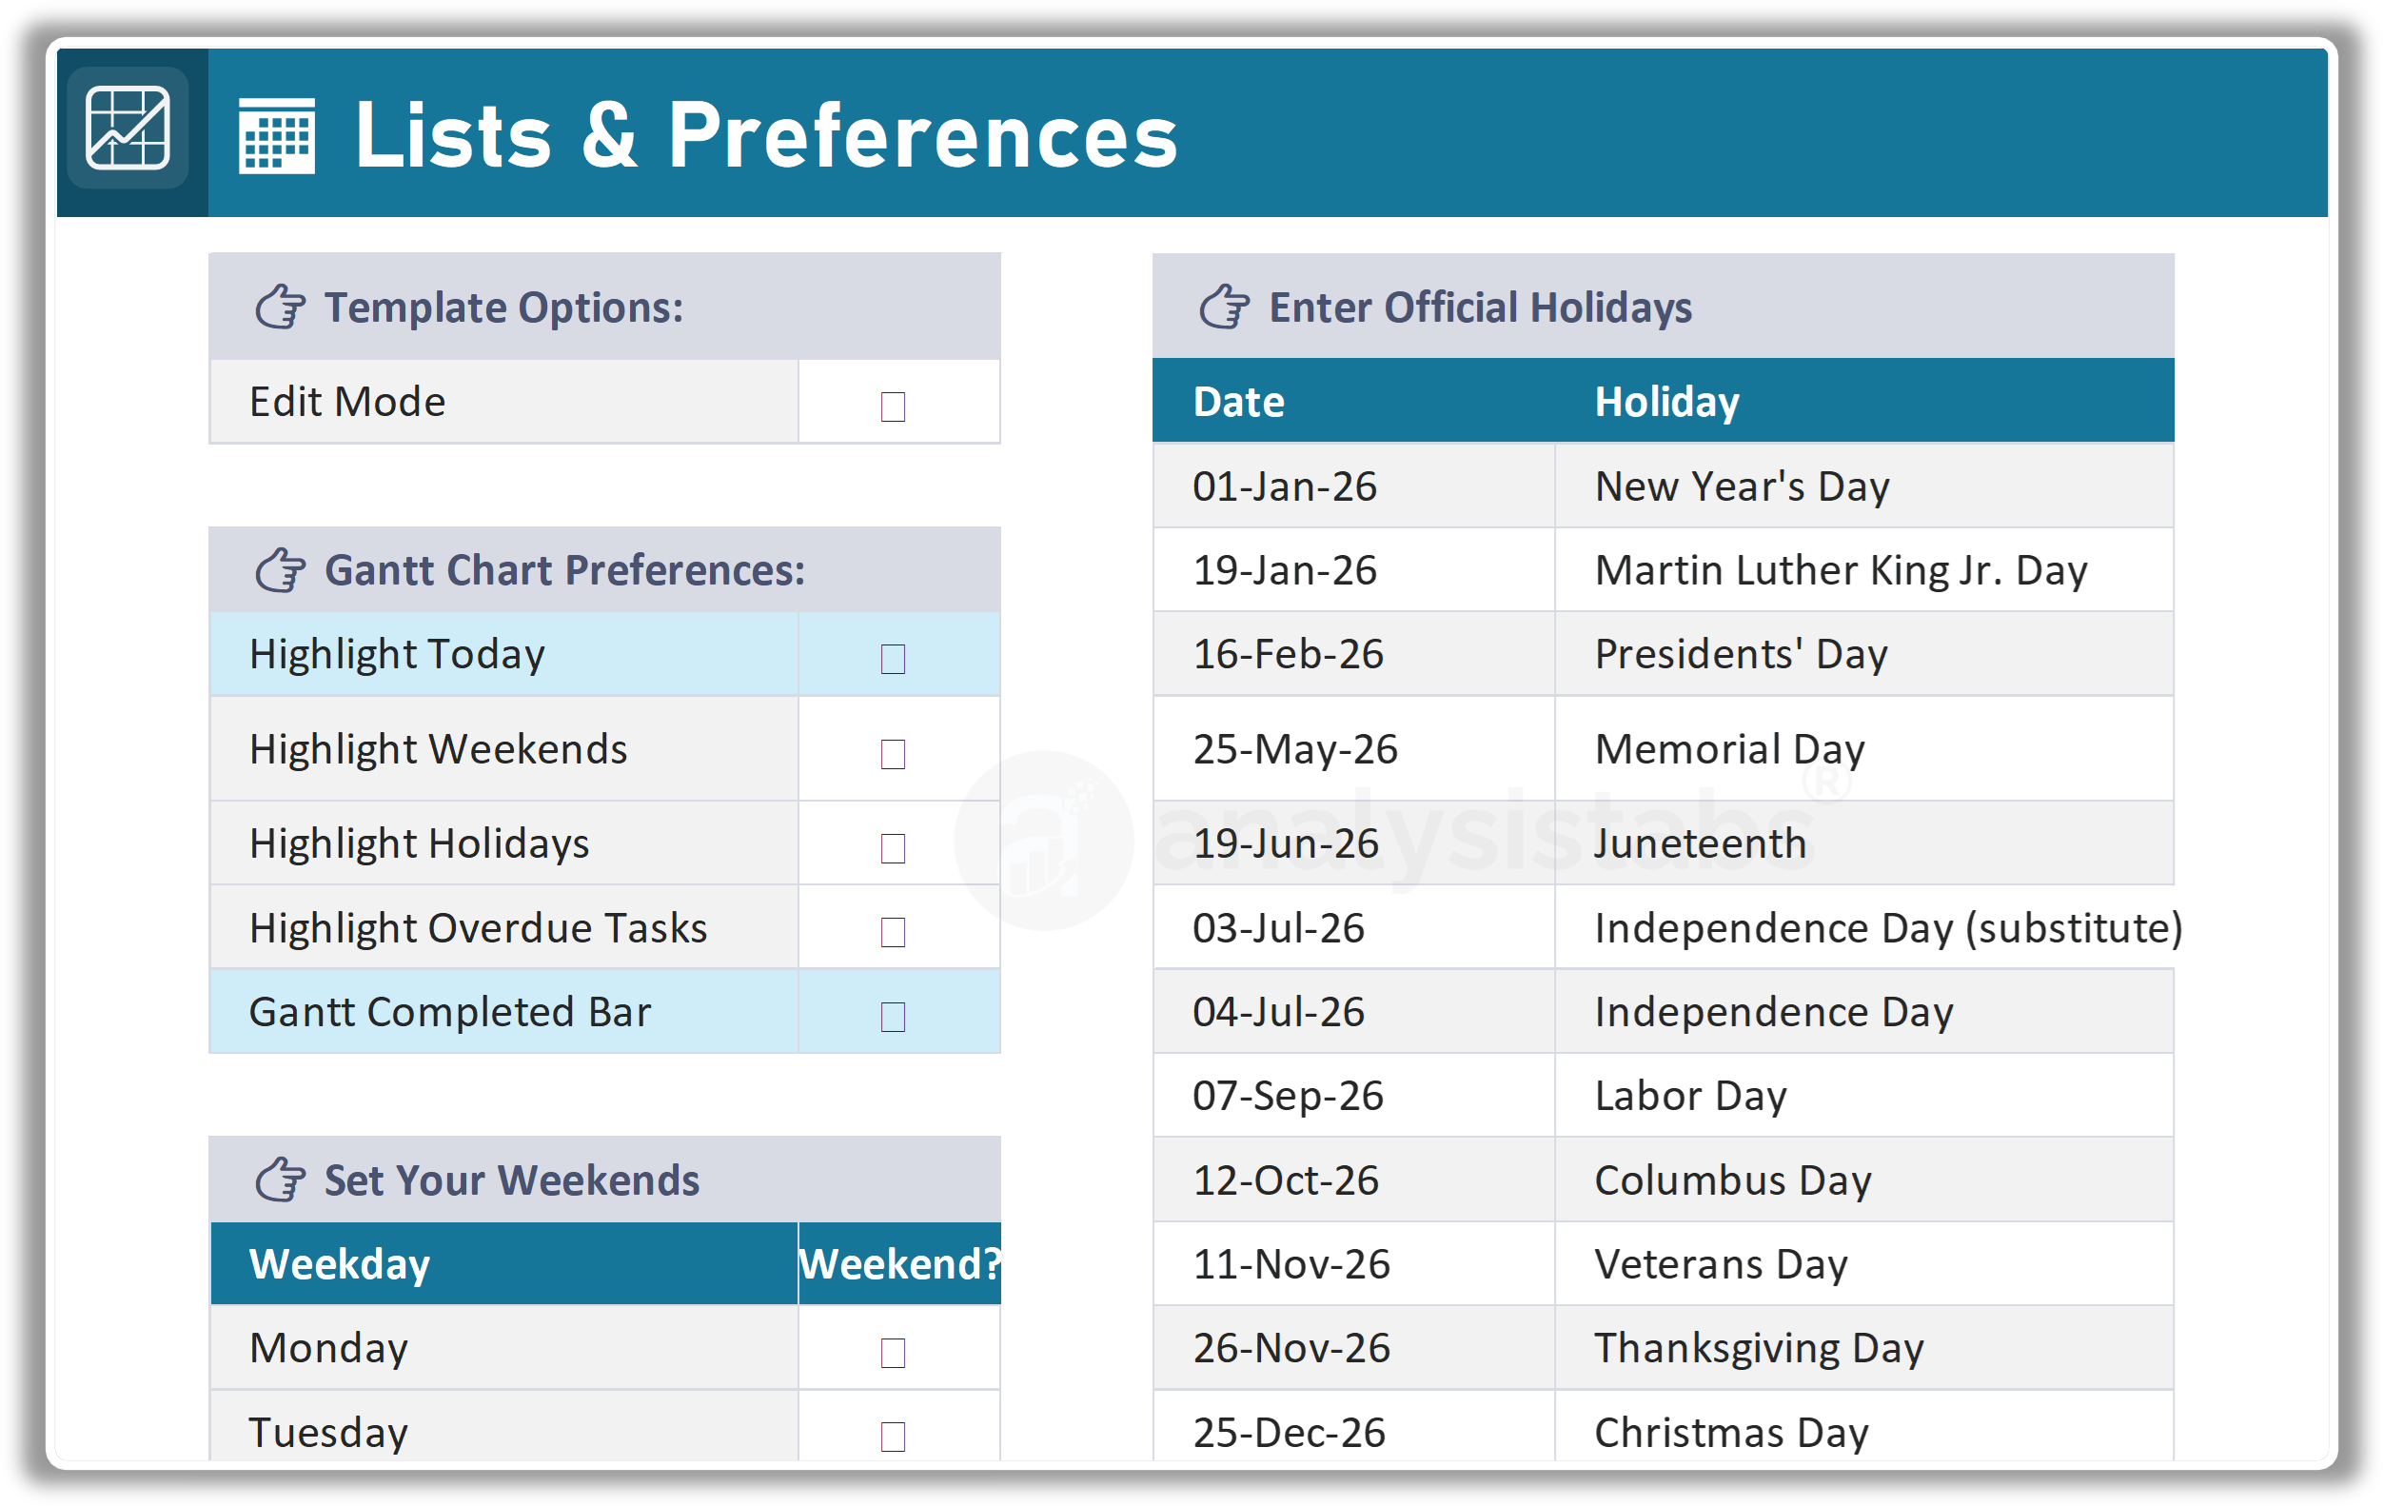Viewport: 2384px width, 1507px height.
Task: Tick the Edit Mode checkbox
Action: pos(892,406)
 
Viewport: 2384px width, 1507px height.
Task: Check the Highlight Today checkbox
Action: pos(892,659)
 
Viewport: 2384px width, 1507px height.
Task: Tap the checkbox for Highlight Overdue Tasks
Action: pos(892,932)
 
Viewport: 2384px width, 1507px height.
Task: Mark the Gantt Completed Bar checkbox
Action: pos(892,1016)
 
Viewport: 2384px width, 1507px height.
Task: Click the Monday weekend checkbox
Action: pos(892,1353)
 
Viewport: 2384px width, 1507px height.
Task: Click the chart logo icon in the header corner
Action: pos(128,129)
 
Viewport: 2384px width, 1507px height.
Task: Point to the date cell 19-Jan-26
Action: pos(1284,570)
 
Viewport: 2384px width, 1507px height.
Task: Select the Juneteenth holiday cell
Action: pos(1700,843)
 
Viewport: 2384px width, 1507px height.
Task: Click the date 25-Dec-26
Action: pos(1288,1433)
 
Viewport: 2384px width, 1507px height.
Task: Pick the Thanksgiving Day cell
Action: pos(1759,1349)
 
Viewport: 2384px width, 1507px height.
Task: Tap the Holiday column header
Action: pos(1666,402)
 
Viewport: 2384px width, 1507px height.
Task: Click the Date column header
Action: pos(1237,402)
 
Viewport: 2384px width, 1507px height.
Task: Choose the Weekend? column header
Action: pos(899,1264)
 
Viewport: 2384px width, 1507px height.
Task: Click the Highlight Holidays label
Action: pos(419,843)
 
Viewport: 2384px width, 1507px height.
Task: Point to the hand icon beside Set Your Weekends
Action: pos(280,1180)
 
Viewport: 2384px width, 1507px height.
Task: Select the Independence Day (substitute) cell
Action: pos(1887,928)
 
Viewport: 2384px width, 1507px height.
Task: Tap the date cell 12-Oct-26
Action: pos(1285,1180)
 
